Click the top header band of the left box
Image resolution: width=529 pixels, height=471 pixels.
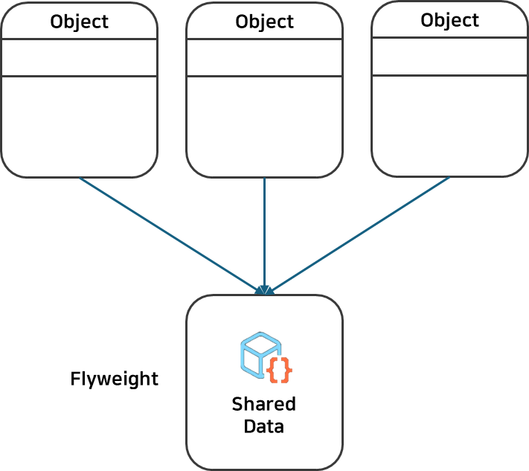tap(79, 21)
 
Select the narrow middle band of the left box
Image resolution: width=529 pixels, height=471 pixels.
tap(79, 57)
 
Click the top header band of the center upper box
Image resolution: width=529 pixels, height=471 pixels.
tap(264, 21)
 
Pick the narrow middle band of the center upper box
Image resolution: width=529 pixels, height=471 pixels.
tap(264, 57)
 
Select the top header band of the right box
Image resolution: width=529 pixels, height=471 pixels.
tap(449, 19)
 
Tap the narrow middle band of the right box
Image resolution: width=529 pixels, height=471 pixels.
tap(449, 56)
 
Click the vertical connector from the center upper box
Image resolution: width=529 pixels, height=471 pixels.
tap(265, 231)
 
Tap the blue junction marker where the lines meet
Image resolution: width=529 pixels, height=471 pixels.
tap(264, 290)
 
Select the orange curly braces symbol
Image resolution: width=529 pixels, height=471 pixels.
tap(278, 370)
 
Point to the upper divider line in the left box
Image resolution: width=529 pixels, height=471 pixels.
tap(79, 39)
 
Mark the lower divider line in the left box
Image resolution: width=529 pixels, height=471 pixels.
tap(79, 76)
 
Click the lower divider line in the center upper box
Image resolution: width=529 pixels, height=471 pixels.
tap(264, 76)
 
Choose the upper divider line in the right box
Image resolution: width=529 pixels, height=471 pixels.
tap(449, 37)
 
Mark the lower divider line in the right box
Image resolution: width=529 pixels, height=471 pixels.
tap(449, 74)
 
